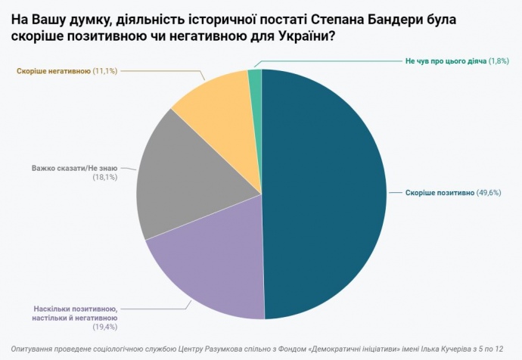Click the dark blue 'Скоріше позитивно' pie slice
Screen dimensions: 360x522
click(325, 193)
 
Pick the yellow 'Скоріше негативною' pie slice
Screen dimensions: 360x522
click(216, 106)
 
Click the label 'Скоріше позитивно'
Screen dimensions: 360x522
click(440, 192)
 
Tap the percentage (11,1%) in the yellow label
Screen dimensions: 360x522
click(104, 70)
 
